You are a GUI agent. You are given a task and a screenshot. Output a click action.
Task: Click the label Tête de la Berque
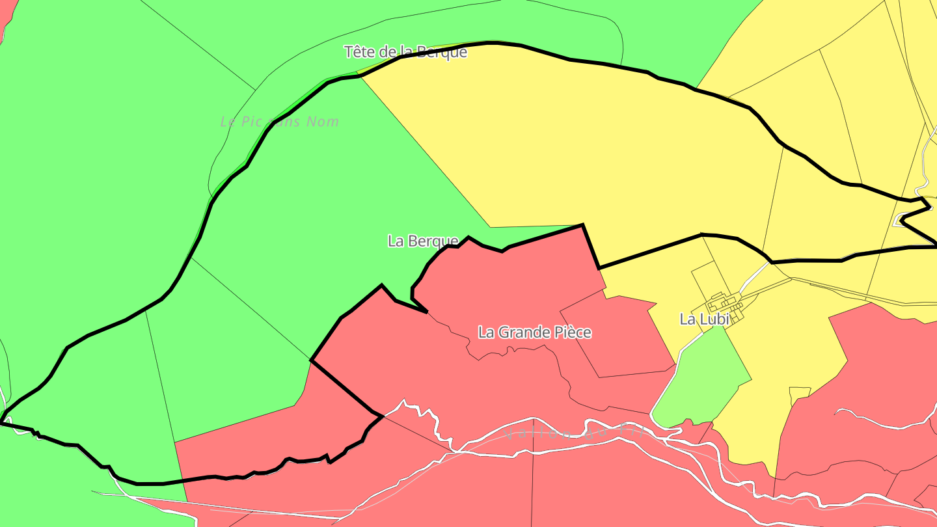click(x=405, y=52)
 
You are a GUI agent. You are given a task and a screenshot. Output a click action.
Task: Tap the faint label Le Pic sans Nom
click(x=280, y=122)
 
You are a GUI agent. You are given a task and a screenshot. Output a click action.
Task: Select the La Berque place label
click(x=423, y=241)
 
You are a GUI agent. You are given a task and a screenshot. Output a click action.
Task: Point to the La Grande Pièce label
click(x=535, y=332)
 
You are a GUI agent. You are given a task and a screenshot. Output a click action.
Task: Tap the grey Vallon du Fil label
click(x=573, y=432)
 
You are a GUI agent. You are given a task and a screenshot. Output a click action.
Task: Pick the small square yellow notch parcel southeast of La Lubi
click(x=799, y=393)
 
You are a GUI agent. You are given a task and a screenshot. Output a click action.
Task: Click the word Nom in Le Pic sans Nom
click(x=323, y=122)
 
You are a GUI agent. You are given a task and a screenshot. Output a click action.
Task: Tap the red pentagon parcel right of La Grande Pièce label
click(x=618, y=335)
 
